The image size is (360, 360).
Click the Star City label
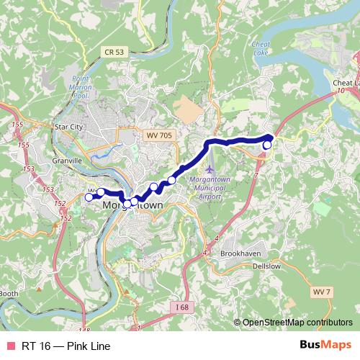69,127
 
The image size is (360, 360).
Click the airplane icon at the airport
210,169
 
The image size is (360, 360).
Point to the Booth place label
9,293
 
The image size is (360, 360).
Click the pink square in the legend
11,346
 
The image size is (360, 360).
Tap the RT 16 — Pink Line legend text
66,346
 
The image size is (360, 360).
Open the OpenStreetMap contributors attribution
297,323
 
